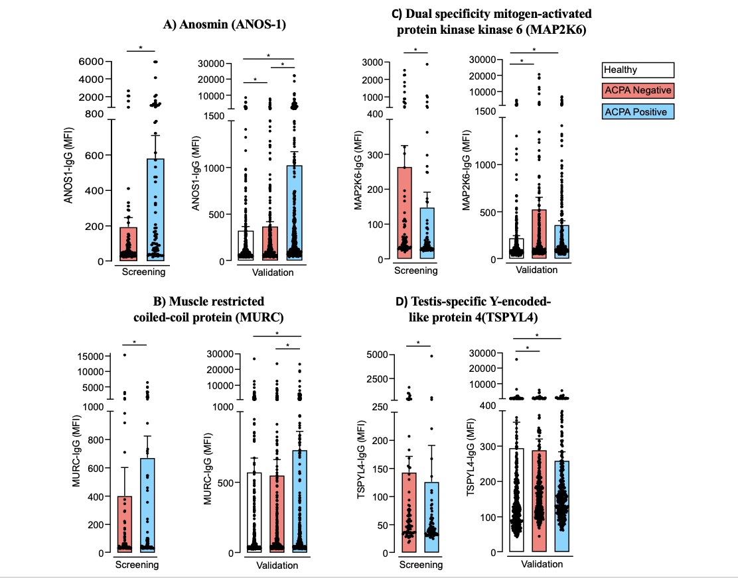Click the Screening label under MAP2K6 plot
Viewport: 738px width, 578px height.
[x=415, y=270]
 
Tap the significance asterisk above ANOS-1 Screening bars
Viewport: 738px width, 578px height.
[x=141, y=48]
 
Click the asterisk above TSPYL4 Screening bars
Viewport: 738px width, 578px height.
[x=417, y=343]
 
